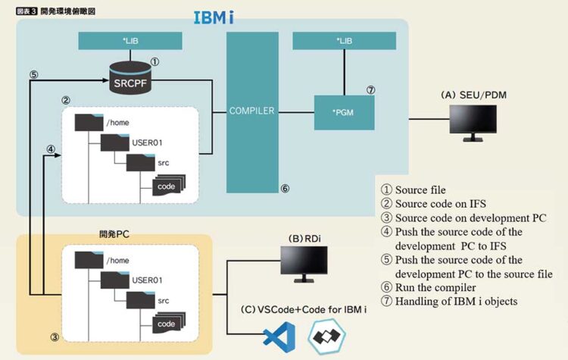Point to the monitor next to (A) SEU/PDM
click(473, 121)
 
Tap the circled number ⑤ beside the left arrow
click(33, 75)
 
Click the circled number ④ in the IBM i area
click(50, 149)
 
